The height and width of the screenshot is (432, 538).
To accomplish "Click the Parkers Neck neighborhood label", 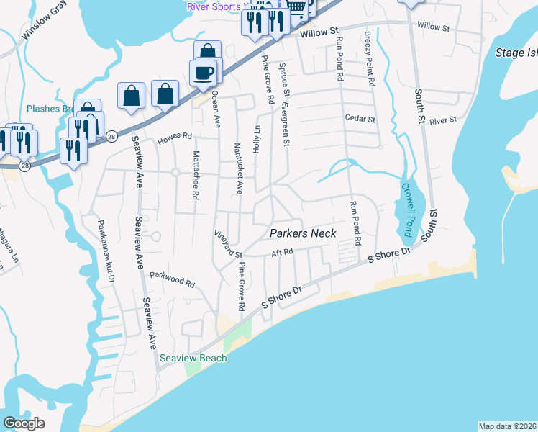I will [303, 233].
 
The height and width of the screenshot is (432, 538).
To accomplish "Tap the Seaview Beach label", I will [193, 358].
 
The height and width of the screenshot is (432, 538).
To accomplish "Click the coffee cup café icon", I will [204, 73].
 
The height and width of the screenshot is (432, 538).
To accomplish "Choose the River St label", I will [443, 121].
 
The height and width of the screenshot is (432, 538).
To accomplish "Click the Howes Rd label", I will [178, 135].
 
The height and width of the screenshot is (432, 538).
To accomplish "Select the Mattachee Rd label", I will [195, 174].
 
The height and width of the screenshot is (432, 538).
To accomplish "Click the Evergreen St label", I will [286, 122].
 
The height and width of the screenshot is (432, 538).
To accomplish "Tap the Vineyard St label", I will [229, 243].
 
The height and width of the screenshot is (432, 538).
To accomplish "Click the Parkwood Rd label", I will [172, 275].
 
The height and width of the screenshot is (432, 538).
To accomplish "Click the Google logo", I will [24, 423].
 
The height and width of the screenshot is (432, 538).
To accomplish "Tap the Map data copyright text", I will [507, 426].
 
